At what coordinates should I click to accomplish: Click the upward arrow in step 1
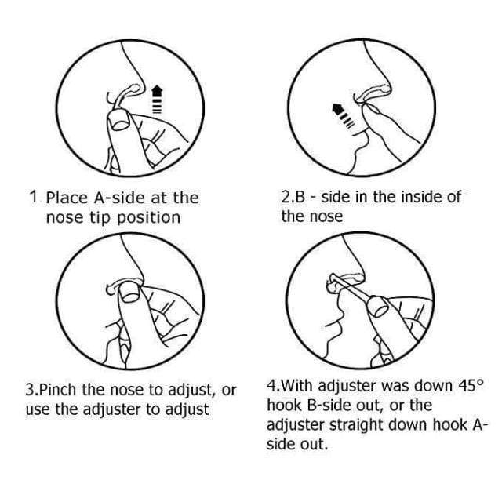click(157, 100)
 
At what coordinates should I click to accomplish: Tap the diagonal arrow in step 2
click(343, 116)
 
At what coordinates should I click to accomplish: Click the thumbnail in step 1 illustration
click(119, 120)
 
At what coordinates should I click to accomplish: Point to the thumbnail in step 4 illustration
click(378, 307)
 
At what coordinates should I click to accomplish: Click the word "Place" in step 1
click(67, 198)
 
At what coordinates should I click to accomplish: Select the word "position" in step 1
click(148, 218)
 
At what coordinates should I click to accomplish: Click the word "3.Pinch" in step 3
click(51, 391)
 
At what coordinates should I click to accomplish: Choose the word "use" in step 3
click(37, 409)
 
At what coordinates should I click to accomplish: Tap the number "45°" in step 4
click(472, 385)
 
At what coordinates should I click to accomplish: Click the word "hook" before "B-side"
click(284, 406)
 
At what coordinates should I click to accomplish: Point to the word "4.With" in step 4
click(289, 385)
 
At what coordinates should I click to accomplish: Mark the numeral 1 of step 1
click(34, 197)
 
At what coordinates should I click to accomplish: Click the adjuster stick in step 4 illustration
click(351, 289)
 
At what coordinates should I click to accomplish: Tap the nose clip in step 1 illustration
click(123, 95)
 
